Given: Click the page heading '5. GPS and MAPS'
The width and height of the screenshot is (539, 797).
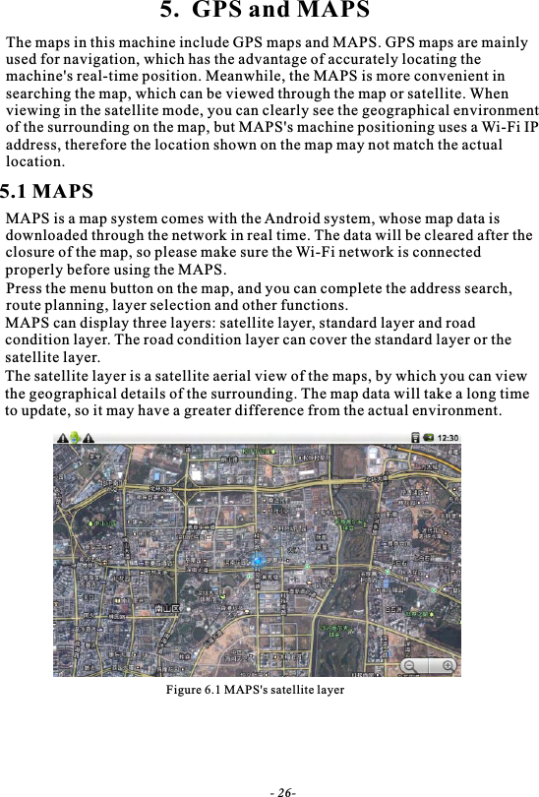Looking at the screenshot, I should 266,13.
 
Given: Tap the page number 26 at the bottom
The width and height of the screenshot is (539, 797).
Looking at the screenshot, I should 285,791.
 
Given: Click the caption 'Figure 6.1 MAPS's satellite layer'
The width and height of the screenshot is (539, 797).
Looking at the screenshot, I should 254,690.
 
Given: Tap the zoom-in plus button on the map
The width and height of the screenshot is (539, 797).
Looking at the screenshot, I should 449,666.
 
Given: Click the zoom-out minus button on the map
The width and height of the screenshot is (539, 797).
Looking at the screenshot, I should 409,666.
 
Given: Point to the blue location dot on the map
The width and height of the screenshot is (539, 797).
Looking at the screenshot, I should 258,560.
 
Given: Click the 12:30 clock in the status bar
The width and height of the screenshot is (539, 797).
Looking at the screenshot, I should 447,438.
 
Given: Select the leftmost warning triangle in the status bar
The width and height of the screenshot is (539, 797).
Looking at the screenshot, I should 63,438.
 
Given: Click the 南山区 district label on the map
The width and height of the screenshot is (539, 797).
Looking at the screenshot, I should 166,609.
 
